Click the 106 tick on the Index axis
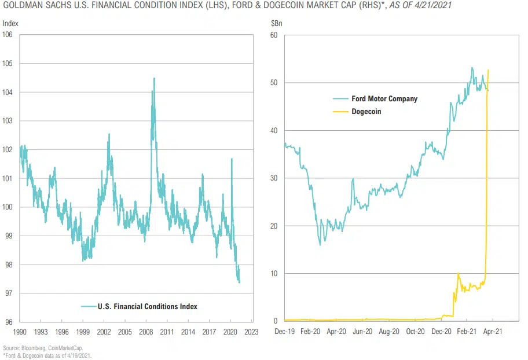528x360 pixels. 9,35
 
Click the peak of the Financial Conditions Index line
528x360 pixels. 154,78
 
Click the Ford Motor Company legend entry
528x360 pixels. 384,98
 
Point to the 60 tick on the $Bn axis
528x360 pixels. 274,35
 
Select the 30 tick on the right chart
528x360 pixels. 274,178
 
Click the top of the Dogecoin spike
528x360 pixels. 489,70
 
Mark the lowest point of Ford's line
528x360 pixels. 320,245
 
